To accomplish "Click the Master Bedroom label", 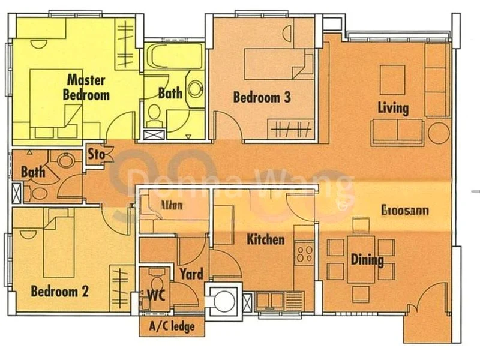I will click(86, 87).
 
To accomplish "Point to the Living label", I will click(393, 108).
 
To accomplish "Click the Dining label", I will click(367, 260).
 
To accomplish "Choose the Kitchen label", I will click(265, 239).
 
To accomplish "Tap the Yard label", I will click(191, 274).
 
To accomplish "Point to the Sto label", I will click(97, 154).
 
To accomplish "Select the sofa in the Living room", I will click(397, 132).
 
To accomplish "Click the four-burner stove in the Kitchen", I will click(304, 253).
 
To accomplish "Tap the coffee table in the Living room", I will click(393, 80).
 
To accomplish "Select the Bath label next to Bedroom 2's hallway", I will click(33, 172).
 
